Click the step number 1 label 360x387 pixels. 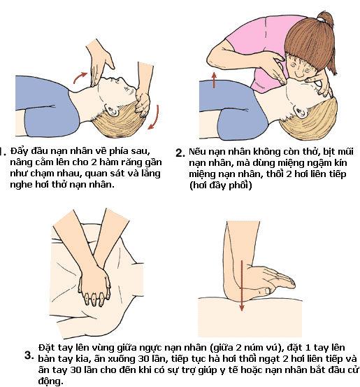point(3,150)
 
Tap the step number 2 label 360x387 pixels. point(180,153)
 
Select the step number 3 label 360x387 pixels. point(29,355)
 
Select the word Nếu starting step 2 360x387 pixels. point(199,150)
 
